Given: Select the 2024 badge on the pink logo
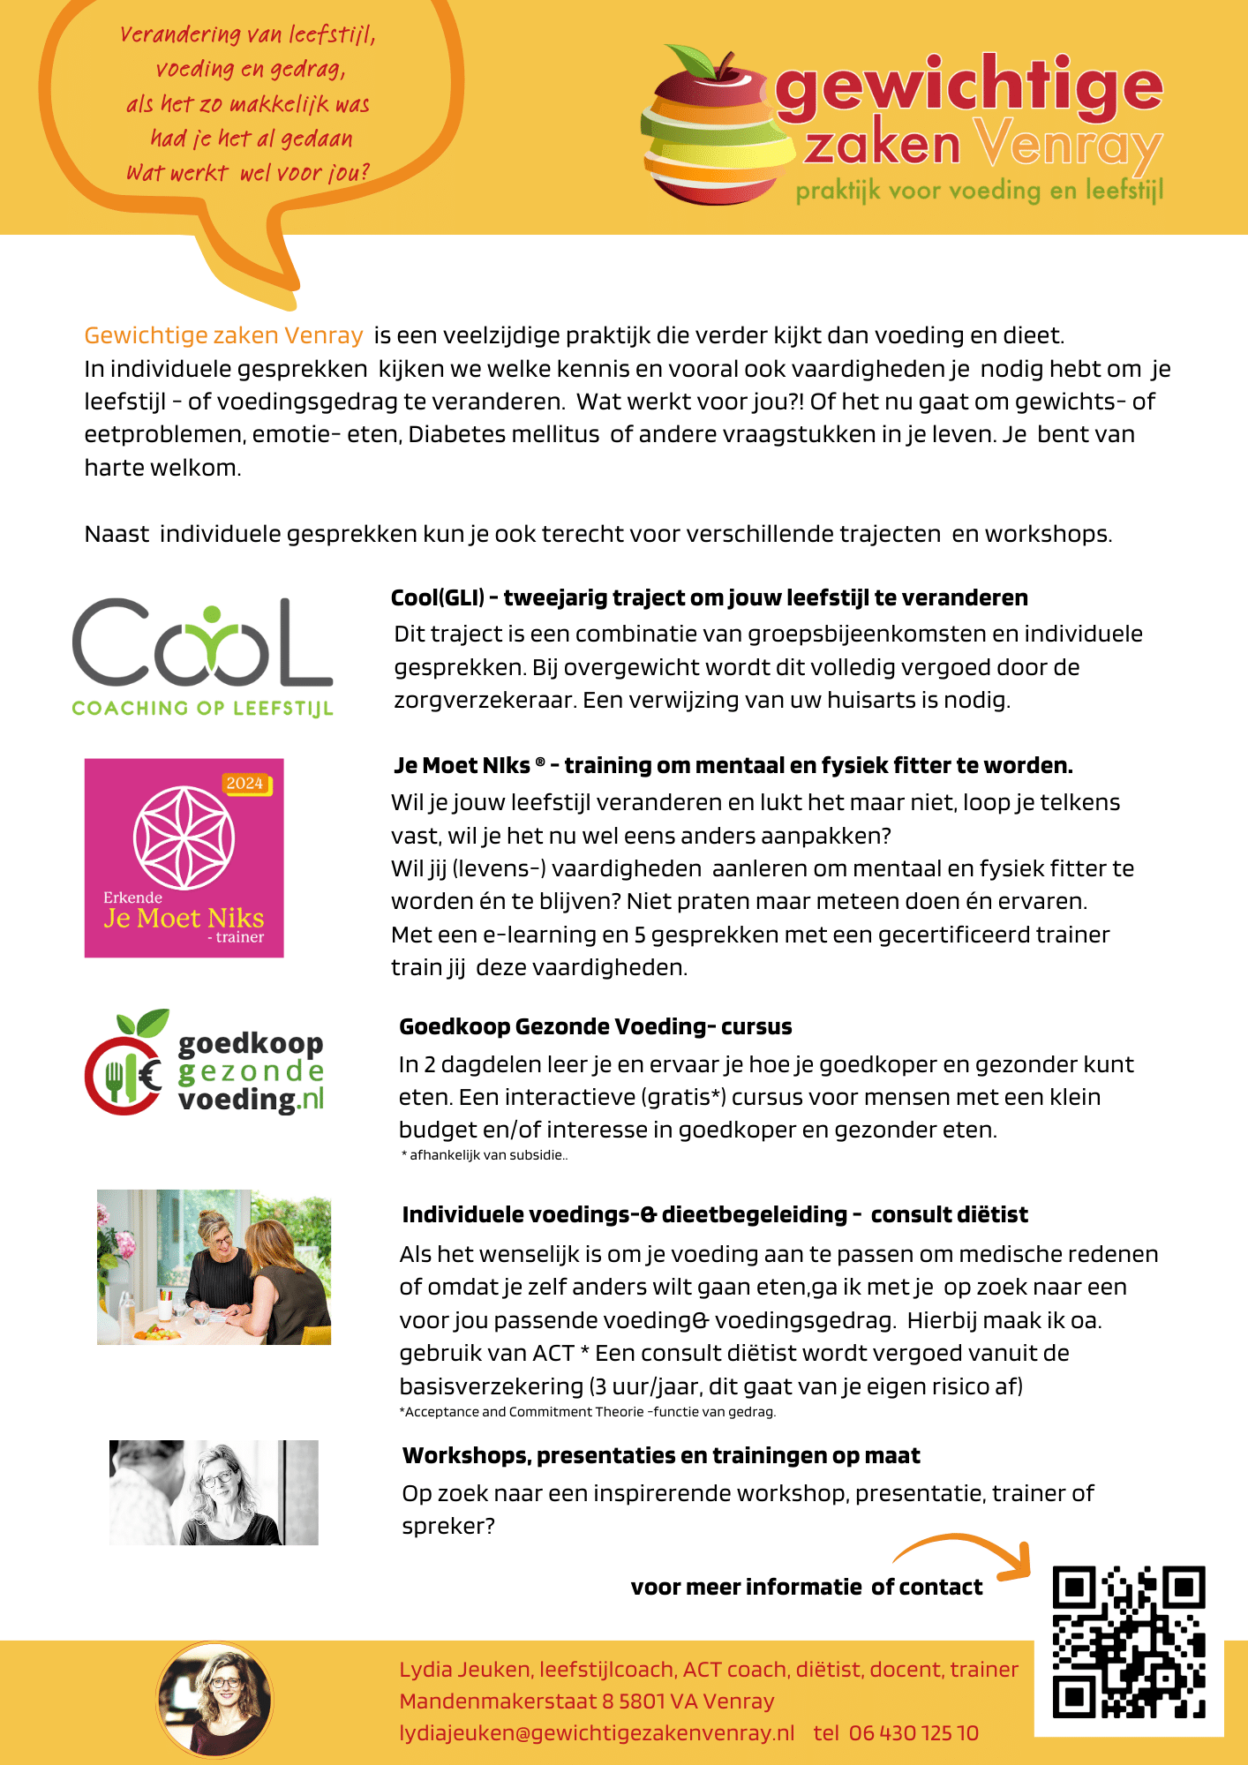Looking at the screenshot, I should coord(244,784).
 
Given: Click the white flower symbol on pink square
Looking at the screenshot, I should coord(184,837).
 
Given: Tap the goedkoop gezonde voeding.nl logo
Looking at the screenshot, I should coord(205,1063).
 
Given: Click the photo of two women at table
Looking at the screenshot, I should coord(214,1267).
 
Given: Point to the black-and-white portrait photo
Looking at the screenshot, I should coord(214,1492).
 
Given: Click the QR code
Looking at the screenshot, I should coord(1128,1642).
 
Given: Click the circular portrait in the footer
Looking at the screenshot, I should coord(215,1699).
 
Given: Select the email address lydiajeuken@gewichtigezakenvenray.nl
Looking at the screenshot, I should coord(597,1733).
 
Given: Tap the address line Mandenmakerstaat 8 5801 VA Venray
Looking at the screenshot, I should coord(587,1701).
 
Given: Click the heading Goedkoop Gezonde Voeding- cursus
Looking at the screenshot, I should coord(595,1026).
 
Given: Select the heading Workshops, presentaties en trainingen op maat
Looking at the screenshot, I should coord(661,1456).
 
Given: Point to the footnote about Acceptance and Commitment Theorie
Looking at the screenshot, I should coord(587,1412).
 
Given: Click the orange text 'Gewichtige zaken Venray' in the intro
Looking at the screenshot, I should coord(223,335).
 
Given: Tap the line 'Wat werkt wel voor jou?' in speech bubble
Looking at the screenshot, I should coord(247,173).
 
